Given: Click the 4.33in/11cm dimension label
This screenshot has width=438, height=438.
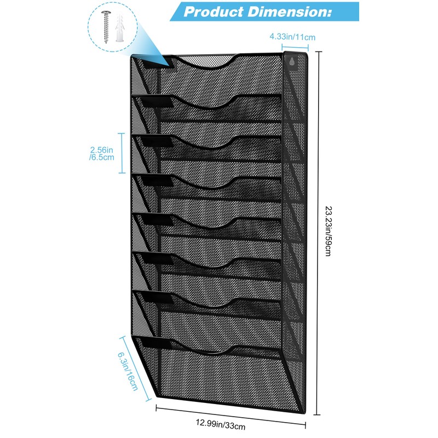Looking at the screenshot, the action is click(292, 37).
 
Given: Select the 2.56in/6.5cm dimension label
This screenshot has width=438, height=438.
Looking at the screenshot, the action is click(101, 153).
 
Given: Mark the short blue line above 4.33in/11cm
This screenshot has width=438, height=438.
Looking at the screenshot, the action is click(293, 48).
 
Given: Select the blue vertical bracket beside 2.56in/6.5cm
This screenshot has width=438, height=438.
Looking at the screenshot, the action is click(122, 153).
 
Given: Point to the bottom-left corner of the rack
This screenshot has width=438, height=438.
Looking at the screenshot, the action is click(158, 395).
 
